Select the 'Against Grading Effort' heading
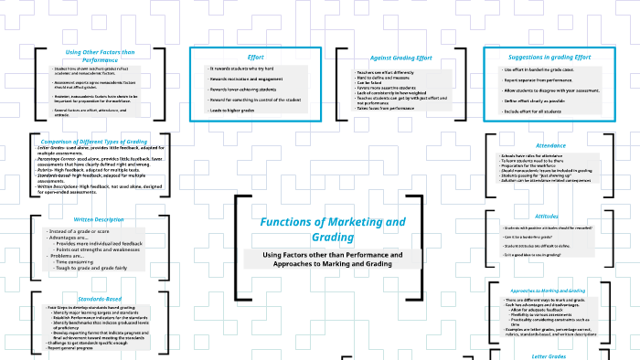(x=399, y=58)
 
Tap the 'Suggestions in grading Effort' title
(x=548, y=57)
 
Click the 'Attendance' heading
(x=549, y=145)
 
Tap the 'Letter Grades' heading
(x=549, y=355)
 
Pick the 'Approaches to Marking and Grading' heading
(x=549, y=291)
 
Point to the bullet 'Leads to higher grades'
(x=229, y=110)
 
